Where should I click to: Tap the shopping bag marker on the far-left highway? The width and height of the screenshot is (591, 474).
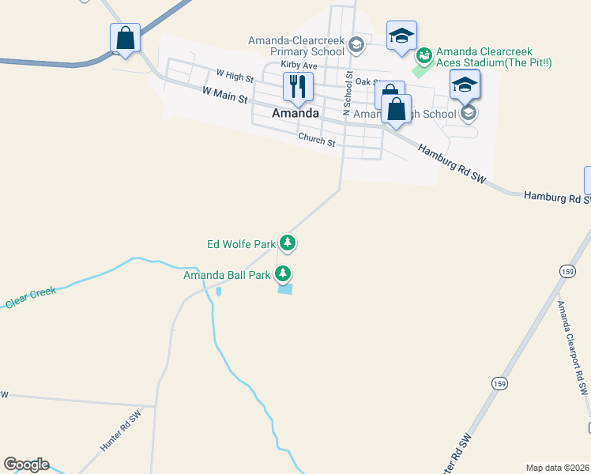coord(125,37)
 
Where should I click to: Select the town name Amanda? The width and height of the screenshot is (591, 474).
coord(295,113)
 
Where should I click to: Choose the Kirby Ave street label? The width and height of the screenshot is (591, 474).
coord(299,66)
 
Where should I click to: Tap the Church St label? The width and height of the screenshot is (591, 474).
coord(317,139)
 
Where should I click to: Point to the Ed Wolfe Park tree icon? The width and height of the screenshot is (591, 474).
coord(288,243)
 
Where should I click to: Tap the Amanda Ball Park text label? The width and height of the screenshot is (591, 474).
coord(228,276)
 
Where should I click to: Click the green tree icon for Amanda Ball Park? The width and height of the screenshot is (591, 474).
coord(283,275)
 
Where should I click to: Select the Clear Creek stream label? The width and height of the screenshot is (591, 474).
coord(30,297)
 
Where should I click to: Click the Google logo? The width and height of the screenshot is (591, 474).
coord(26,465)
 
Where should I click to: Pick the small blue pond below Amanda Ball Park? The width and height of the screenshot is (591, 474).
coord(284,290)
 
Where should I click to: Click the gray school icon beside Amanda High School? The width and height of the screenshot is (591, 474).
coord(469,114)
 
